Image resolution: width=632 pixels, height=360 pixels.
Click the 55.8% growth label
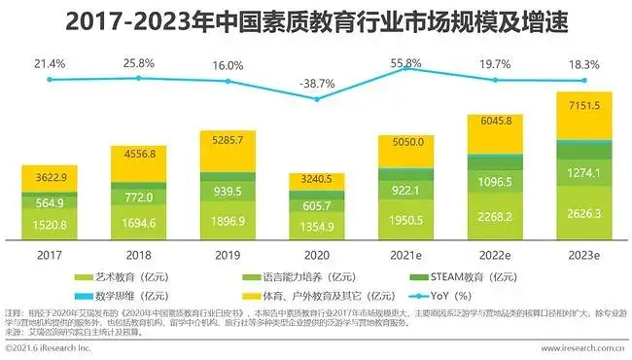point(405,62)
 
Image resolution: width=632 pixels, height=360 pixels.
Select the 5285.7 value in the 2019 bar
point(227,142)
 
